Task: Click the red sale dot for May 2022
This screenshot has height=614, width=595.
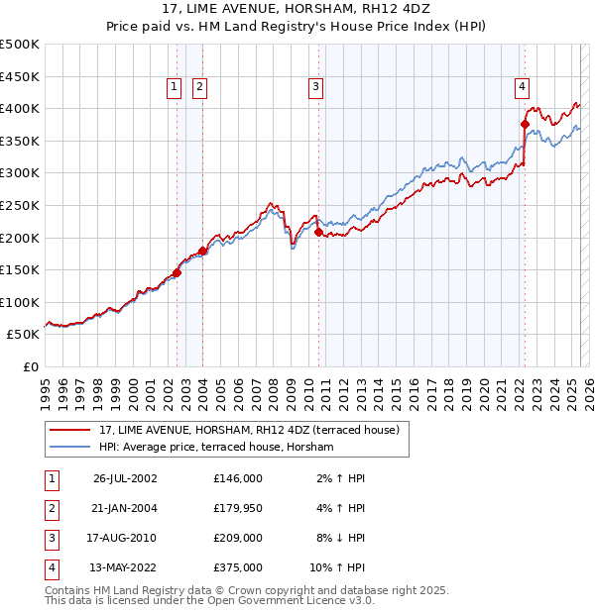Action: [x=525, y=124]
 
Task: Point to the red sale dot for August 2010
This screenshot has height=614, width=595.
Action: [x=319, y=232]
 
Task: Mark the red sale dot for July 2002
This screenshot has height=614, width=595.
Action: [x=178, y=272]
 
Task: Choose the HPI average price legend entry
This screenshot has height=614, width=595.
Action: [x=216, y=448]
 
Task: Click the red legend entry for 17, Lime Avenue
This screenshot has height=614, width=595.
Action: [x=248, y=430]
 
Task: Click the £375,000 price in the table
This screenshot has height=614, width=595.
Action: [x=238, y=567]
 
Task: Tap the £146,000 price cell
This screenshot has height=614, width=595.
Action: [x=238, y=478]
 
